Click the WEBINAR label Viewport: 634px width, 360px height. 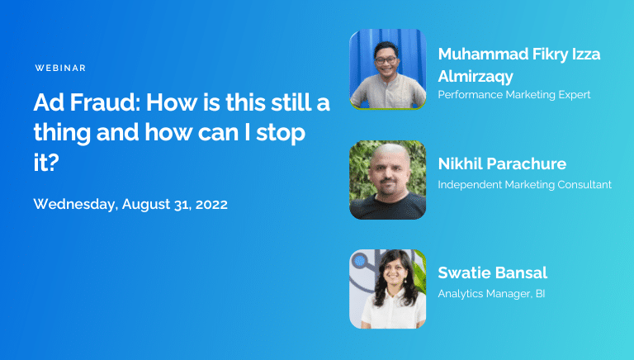click(61, 68)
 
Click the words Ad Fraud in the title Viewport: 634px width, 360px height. click(75, 105)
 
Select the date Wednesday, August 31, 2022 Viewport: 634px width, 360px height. click(130, 204)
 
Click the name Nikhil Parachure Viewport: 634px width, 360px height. click(502, 163)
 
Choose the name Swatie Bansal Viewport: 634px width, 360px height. click(493, 273)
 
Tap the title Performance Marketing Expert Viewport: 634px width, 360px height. click(514, 95)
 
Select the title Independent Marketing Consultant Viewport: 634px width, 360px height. click(524, 184)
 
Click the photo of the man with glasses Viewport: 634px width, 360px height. click(387, 69)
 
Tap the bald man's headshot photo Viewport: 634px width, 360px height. click(387, 179)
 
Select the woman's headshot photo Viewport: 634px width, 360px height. click(387, 289)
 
